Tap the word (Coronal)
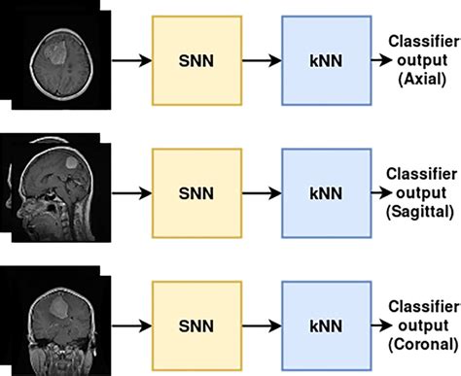point(419,343)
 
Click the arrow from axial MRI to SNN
point(124,61)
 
